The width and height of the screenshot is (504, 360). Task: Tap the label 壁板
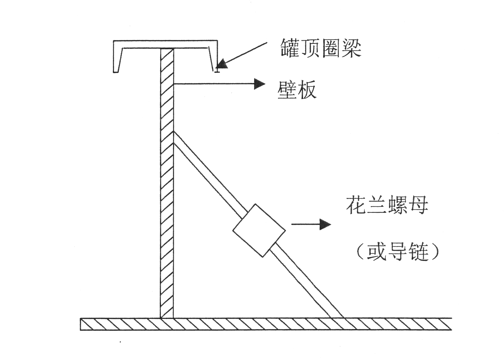coord(297,90)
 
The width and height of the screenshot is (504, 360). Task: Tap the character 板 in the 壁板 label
coord(307,90)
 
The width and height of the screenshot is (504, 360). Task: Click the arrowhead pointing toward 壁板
coord(260,84)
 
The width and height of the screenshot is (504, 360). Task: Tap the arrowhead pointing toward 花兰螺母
coord(325,224)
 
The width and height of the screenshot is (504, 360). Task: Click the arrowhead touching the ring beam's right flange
coord(223,64)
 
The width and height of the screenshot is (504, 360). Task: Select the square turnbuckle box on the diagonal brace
coord(259,230)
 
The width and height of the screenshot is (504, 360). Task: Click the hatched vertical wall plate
coord(167,183)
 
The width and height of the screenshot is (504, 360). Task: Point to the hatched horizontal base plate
coord(266,324)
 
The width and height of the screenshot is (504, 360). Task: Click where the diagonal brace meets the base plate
coord(337,318)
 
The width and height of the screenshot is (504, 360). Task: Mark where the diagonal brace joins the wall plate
coord(173,137)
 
